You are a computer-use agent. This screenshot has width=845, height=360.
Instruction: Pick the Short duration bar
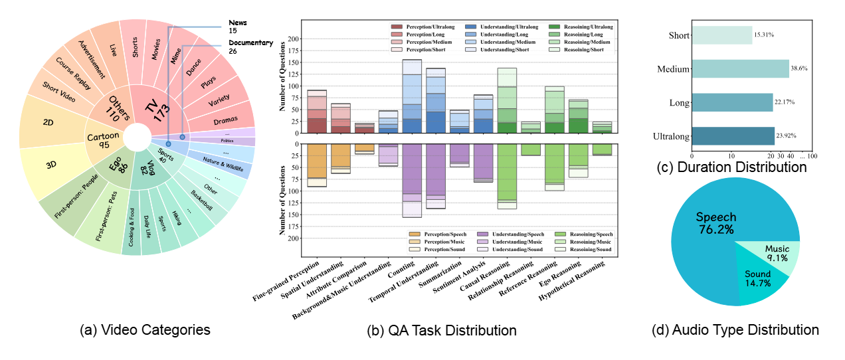721,35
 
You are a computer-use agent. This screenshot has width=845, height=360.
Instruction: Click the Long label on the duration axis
677,102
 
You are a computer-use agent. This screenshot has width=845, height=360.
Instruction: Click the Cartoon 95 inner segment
106,138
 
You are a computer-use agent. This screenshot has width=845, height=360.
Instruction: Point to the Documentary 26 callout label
250,47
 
